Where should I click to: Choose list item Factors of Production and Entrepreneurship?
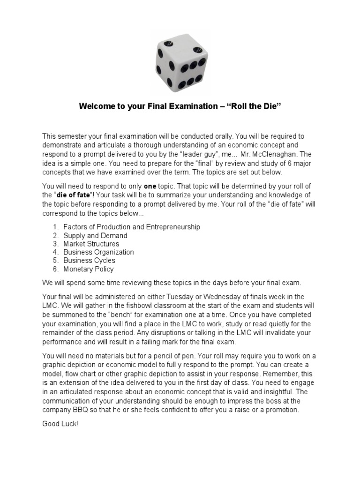(132, 227)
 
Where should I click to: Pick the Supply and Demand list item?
(95, 235)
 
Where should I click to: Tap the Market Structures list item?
(91, 244)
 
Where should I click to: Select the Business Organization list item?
(98, 252)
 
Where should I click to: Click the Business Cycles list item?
(89, 261)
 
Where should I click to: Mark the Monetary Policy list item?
(89, 269)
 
